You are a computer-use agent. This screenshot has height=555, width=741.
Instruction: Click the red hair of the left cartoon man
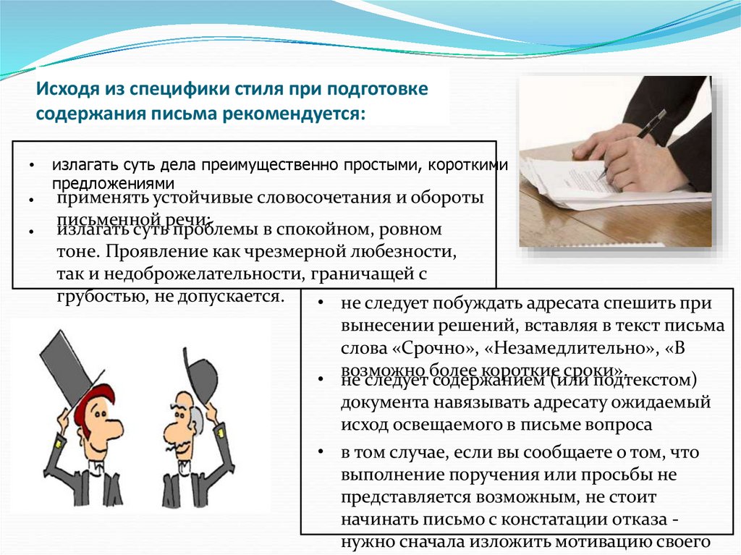101,397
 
